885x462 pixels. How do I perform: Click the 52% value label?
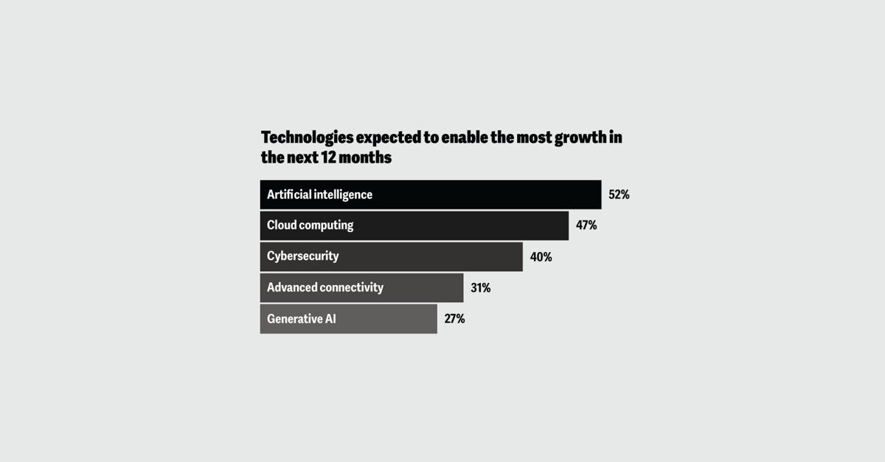(x=619, y=195)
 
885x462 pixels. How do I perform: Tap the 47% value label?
(x=586, y=225)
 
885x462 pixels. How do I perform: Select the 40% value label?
(x=541, y=257)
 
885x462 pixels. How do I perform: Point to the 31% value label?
(x=480, y=288)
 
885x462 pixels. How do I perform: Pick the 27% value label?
(x=454, y=319)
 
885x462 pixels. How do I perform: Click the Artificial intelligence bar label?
(x=319, y=195)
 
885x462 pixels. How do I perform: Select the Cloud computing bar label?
(x=310, y=225)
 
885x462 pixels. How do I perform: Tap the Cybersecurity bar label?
(x=302, y=256)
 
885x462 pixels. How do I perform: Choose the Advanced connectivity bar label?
(x=324, y=287)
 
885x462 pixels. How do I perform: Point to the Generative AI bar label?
(x=301, y=319)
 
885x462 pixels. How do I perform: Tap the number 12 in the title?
(x=330, y=158)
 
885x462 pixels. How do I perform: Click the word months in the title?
(x=367, y=158)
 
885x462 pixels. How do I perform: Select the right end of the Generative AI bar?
(x=435, y=319)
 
